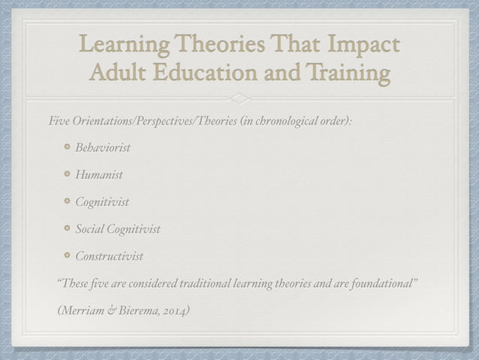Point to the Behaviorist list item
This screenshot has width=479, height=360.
click(102, 147)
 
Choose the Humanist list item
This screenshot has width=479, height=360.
click(98, 174)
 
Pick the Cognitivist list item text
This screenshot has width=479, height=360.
click(101, 201)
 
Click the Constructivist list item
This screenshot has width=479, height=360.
click(109, 256)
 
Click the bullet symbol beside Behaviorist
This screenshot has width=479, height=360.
click(66, 147)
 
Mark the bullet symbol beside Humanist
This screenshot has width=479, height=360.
click(66, 174)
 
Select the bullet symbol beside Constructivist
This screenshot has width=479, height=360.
click(66, 256)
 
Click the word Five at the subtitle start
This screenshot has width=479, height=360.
click(59, 120)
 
